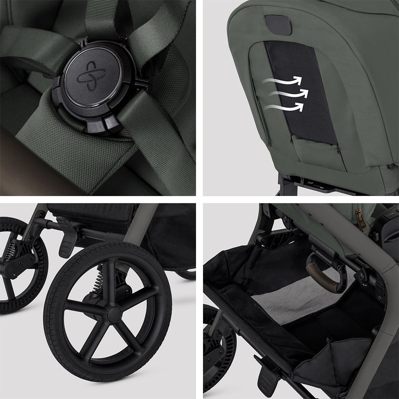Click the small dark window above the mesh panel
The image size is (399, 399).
click(x=278, y=24)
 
